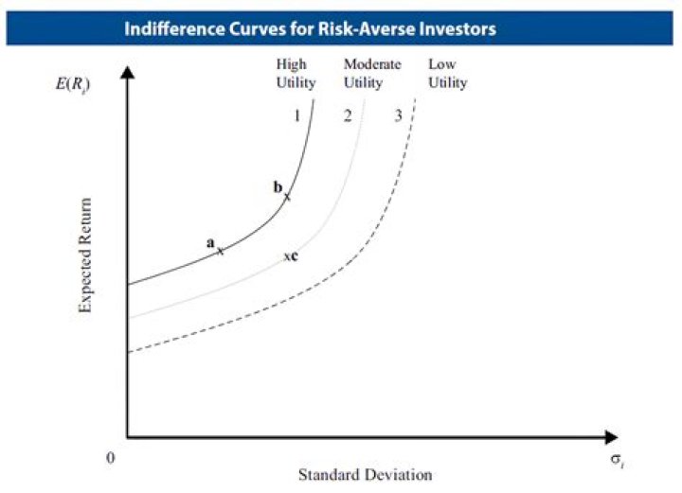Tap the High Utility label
click(295, 73)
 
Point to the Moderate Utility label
click(371, 73)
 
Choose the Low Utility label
click(447, 73)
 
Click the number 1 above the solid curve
click(296, 116)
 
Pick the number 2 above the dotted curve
click(348, 116)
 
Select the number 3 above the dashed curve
click(399, 116)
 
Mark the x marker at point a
click(221, 251)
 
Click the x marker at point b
click(287, 196)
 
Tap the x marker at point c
click(287, 257)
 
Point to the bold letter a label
click(211, 243)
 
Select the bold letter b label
click(278, 187)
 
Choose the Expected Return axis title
click(86, 255)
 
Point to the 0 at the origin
click(111, 459)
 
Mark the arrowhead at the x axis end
click(611, 438)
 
